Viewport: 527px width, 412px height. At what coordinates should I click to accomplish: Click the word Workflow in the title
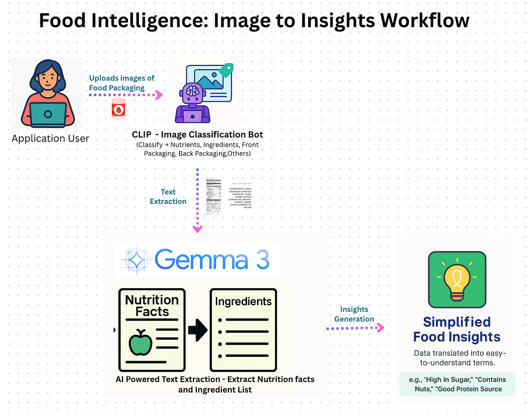click(x=425, y=21)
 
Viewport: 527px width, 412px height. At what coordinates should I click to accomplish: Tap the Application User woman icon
click(x=48, y=93)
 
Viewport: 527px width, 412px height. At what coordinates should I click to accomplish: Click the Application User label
click(x=50, y=139)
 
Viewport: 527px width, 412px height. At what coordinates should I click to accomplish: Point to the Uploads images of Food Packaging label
click(x=121, y=83)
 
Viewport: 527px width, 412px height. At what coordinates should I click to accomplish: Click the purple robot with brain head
click(x=192, y=103)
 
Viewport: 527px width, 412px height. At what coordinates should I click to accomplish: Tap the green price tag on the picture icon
click(x=226, y=70)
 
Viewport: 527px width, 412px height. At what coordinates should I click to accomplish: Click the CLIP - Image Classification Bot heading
click(x=197, y=135)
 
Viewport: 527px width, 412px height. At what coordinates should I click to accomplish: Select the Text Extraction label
click(x=168, y=196)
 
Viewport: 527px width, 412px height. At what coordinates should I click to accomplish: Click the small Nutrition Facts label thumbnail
click(x=213, y=196)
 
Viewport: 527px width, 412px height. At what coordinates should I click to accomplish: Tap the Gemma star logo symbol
click(x=135, y=260)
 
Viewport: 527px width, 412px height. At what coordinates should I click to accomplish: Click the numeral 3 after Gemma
click(x=263, y=260)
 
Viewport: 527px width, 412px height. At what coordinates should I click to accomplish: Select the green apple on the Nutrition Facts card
click(x=140, y=343)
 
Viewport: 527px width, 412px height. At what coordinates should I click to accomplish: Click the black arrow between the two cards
click(x=198, y=330)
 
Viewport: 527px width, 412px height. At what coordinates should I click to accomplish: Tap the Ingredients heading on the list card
click(x=243, y=301)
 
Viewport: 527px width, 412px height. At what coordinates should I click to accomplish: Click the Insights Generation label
click(x=354, y=314)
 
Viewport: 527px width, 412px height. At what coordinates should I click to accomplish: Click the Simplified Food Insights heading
click(x=457, y=329)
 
